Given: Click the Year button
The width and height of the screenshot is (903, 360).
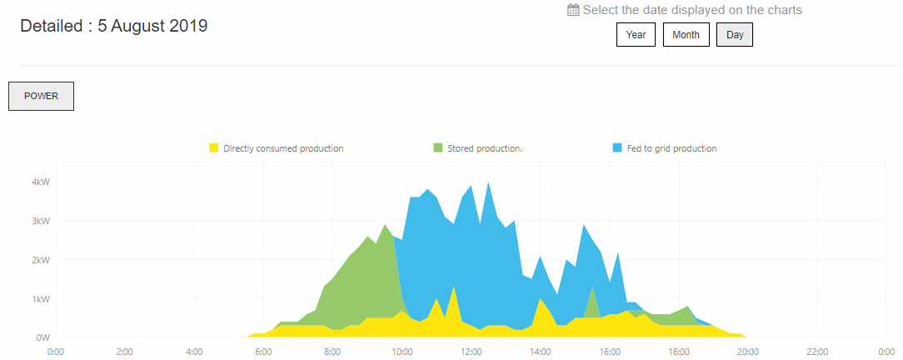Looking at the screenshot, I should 636,35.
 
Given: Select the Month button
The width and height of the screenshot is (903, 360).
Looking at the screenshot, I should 686,35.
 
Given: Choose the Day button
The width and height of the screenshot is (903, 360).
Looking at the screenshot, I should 735,35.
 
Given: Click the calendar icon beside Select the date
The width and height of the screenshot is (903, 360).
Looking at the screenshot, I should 573,11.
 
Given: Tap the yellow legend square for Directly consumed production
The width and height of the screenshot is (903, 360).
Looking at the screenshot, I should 214,148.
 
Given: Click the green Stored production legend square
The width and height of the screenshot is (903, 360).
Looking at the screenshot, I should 437,148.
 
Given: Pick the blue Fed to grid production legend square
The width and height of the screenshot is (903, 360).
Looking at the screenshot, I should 617,148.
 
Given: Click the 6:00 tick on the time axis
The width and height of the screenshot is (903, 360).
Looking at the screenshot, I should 263,352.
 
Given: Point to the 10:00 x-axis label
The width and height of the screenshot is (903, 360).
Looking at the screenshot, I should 402,352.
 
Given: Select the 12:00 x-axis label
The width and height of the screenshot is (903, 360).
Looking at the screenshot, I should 471,352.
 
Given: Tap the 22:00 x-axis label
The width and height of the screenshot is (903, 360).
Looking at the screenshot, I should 817,352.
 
